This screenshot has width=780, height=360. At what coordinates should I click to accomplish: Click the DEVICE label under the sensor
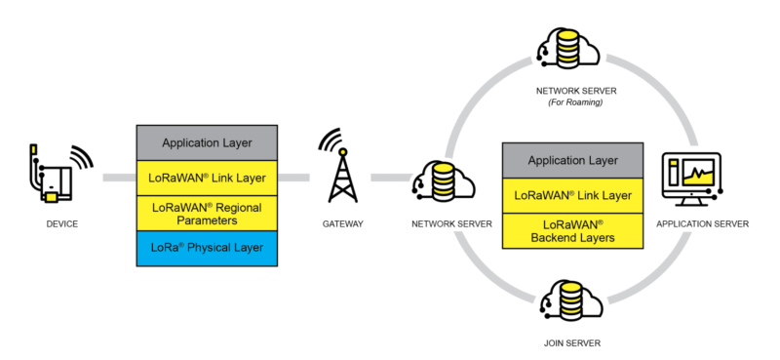[60, 224]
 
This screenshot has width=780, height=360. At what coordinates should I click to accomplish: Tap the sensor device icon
[49, 176]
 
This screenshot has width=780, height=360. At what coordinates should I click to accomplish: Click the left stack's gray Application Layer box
[207, 142]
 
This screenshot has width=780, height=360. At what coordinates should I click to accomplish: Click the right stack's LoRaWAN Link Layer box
[572, 195]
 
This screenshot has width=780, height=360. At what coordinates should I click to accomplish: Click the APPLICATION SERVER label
[702, 224]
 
